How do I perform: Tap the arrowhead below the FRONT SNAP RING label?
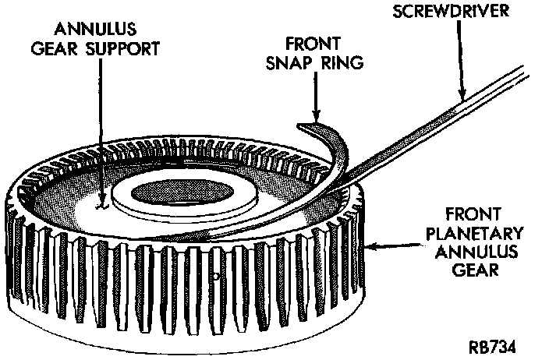click(x=315, y=114)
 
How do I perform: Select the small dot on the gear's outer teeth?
click(x=214, y=275)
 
